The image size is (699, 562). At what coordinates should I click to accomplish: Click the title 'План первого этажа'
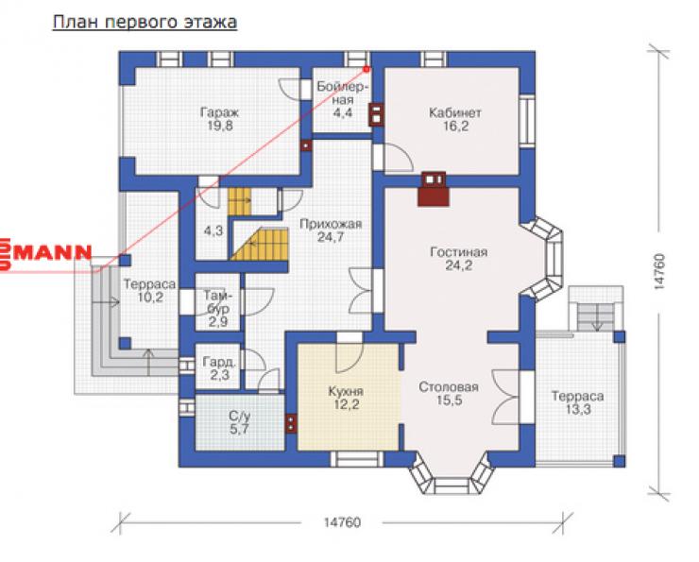145,23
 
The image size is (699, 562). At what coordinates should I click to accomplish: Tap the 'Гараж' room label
219,111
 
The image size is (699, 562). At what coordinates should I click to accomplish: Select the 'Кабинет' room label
455,112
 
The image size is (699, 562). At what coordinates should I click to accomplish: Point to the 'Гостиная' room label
459,252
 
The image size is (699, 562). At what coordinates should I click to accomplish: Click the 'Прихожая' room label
331,224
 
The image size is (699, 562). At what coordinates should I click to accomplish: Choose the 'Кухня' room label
346,392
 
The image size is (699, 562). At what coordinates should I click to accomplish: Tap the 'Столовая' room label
449,387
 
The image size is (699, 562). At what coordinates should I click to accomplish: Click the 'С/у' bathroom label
239,417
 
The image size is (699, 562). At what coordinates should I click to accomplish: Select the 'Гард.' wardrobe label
219,362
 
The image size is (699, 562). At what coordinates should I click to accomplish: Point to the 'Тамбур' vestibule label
218,301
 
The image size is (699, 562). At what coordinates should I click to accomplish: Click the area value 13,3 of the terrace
578,409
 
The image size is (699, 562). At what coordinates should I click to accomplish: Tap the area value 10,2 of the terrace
150,298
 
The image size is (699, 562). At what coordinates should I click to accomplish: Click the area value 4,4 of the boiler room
342,112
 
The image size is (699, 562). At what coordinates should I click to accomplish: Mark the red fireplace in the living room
433,189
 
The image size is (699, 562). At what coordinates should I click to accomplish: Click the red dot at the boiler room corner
367,69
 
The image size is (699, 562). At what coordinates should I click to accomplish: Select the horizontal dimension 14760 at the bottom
342,522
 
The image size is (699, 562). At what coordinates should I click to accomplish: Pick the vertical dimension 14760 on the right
659,272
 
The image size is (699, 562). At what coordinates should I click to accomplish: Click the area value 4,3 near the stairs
213,230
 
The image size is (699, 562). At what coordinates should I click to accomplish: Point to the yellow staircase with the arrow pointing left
260,244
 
